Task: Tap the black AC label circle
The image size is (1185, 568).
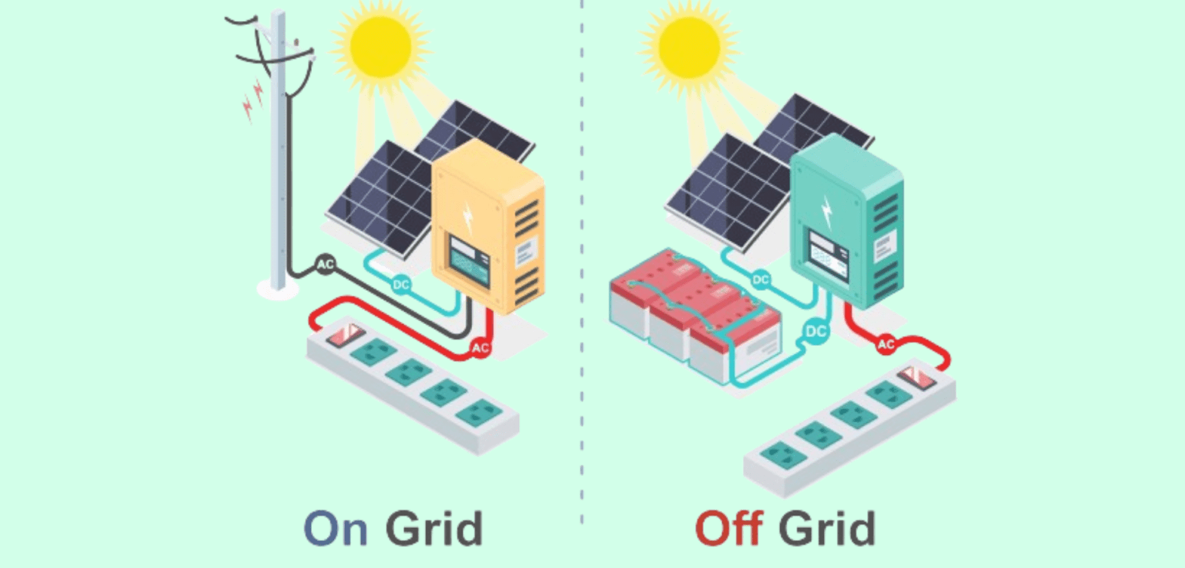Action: [x=326, y=265]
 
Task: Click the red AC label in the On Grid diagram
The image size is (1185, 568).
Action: [x=480, y=349]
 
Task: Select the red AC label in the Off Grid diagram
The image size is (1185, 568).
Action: [x=886, y=345]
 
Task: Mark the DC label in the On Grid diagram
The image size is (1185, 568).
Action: [x=401, y=285]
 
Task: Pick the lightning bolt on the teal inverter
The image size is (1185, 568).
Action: [x=827, y=208]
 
